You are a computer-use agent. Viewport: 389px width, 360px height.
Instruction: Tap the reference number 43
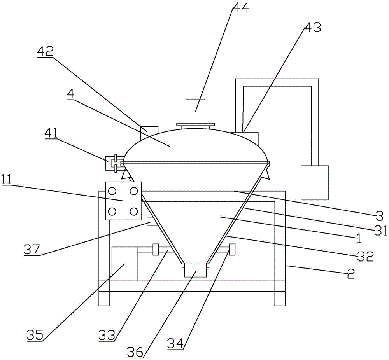[312, 28]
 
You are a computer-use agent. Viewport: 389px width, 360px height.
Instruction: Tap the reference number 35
[34, 335]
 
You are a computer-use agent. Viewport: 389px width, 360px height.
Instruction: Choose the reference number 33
[107, 335]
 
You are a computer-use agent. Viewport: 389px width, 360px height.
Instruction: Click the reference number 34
[175, 343]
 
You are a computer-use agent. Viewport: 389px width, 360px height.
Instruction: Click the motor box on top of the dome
[195, 111]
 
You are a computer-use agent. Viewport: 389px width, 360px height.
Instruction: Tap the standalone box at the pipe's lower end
[315, 182]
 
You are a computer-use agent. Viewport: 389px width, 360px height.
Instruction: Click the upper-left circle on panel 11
[112, 191]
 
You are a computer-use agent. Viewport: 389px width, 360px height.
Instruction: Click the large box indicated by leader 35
[124, 264]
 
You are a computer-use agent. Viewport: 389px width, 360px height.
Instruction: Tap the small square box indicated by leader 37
[152, 222]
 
